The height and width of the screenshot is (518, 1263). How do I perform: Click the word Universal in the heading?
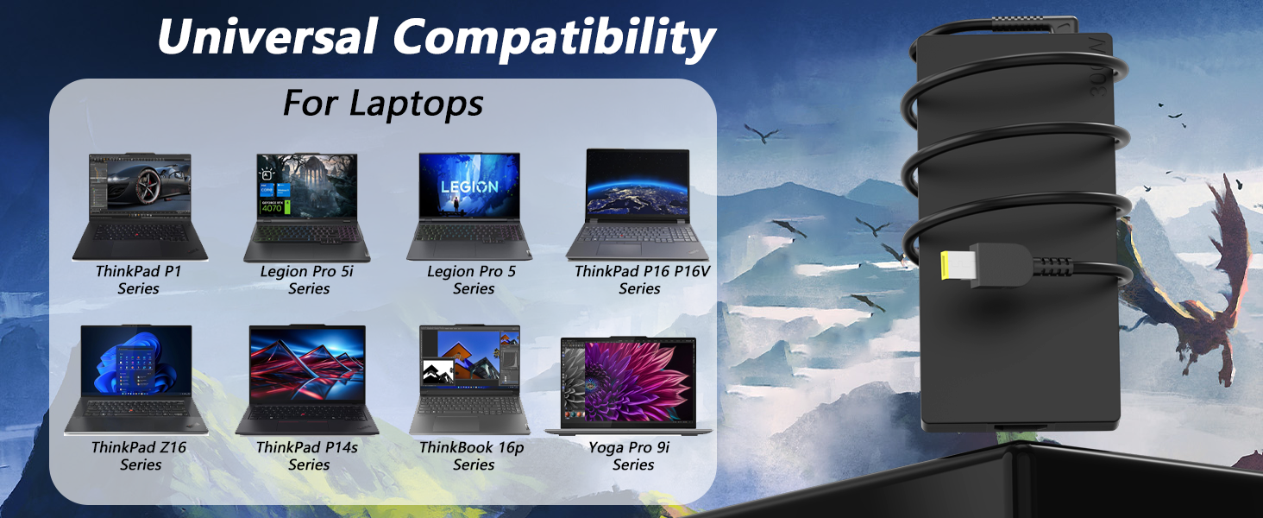(x=267, y=36)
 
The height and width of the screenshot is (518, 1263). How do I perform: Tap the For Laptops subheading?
(x=383, y=104)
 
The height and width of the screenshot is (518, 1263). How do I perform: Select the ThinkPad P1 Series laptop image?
(x=140, y=206)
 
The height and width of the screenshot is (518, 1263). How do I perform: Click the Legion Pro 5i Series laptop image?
(x=307, y=208)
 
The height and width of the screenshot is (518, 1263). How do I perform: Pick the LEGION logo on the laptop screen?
(x=469, y=186)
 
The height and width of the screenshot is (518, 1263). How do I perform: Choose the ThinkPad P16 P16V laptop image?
(x=638, y=205)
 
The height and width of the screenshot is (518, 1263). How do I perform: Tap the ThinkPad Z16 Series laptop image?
(x=136, y=379)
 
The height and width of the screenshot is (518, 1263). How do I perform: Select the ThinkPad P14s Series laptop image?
(x=307, y=379)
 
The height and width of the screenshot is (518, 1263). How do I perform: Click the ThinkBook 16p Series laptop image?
(x=469, y=379)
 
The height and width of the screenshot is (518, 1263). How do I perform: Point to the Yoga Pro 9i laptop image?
(x=628, y=386)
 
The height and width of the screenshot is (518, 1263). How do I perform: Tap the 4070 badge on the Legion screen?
(x=272, y=208)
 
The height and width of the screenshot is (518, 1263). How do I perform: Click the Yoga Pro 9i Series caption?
(x=630, y=456)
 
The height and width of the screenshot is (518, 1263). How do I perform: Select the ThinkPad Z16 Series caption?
(x=139, y=456)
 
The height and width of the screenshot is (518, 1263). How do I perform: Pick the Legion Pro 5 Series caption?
(x=472, y=280)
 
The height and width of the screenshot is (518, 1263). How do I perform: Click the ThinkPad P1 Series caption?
(x=139, y=280)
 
